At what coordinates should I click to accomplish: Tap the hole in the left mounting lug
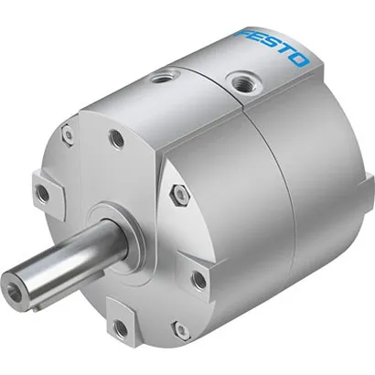[41, 192]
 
